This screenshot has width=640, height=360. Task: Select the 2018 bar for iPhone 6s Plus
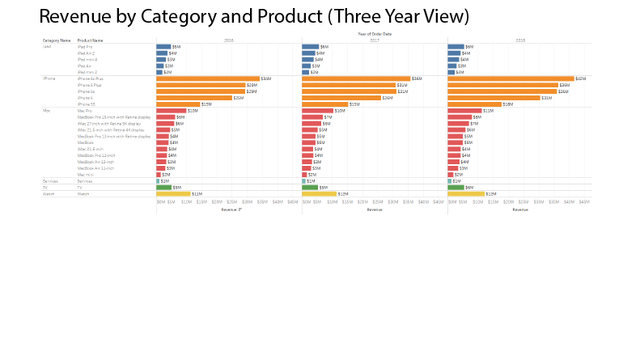pyautogui.click(x=511, y=78)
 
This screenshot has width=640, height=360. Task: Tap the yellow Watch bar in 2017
pyautogui.click(x=319, y=194)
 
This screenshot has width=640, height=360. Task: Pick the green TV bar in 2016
pyautogui.click(x=163, y=188)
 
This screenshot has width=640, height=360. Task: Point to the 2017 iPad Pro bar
pyautogui.click(x=310, y=47)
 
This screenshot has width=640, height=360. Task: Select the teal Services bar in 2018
pyautogui.click(x=449, y=181)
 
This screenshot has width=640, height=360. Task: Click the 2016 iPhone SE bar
pyautogui.click(x=178, y=104)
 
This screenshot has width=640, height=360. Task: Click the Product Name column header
pyautogui.click(x=91, y=40)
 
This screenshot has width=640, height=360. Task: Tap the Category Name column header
pyautogui.click(x=57, y=40)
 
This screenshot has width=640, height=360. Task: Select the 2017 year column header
pyautogui.click(x=375, y=40)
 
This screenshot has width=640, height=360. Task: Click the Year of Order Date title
pyautogui.click(x=374, y=34)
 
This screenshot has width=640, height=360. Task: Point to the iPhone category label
pyautogui.click(x=49, y=78)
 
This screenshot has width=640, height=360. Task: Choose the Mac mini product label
pyautogui.click(x=85, y=175)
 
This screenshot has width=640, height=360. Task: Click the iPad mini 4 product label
pyautogui.click(x=87, y=59)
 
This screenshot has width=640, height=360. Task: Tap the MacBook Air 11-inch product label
pyautogui.click(x=95, y=168)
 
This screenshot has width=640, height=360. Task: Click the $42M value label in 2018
pyautogui.click(x=580, y=78)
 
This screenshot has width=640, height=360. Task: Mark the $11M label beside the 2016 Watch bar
pyautogui.click(x=197, y=194)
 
